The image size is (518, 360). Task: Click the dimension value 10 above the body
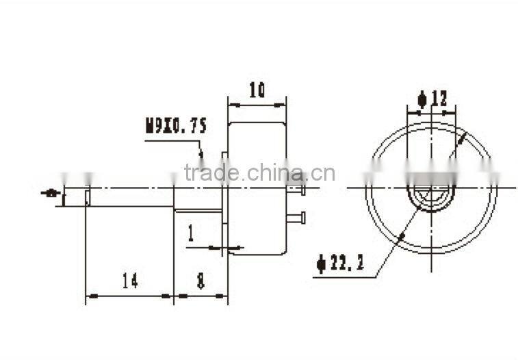click(257, 90)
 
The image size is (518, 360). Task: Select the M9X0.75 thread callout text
click(176, 126)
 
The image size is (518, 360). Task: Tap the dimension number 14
click(129, 280)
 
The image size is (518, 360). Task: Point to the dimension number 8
click(200, 280)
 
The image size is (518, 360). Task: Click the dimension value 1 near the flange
click(191, 233)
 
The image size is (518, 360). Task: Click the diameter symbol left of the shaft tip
click(51, 193)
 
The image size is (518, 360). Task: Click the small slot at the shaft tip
click(88, 196)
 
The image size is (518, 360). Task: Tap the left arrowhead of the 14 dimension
click(90, 296)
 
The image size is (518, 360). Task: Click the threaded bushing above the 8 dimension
click(198, 198)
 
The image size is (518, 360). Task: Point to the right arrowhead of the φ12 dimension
click(451, 110)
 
